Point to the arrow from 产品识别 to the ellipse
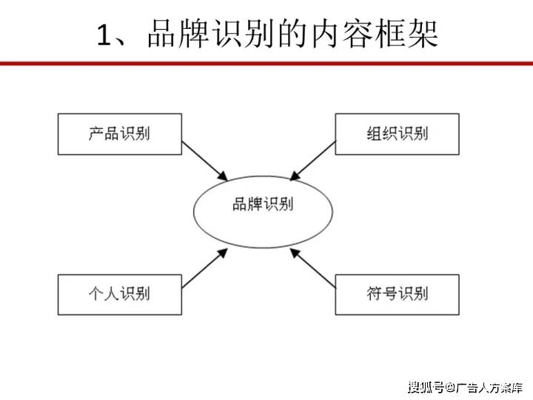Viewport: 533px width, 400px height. click(x=204, y=161)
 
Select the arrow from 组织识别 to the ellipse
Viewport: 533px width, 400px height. click(x=312, y=161)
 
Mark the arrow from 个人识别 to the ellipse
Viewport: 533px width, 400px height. click(x=204, y=268)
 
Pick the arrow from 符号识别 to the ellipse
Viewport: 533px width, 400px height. click(x=312, y=268)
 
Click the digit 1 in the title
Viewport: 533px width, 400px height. click(x=104, y=35)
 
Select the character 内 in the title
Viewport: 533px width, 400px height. click(x=326, y=34)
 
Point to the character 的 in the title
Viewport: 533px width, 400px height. click(x=293, y=34)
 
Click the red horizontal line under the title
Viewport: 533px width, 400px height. click(x=266, y=63)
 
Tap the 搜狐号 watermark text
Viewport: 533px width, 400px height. click(x=426, y=387)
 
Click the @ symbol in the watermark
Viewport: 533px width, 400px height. click(x=451, y=387)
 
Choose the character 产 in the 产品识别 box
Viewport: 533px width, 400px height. click(x=95, y=133)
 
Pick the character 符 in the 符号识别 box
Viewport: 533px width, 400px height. click(x=375, y=293)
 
